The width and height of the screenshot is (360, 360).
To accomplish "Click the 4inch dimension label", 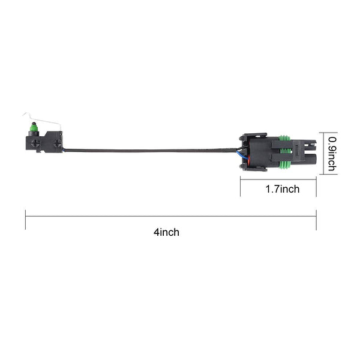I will point(166,232).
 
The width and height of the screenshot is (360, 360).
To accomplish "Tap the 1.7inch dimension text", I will point(282,190).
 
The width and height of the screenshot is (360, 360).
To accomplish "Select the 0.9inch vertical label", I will point(331,153).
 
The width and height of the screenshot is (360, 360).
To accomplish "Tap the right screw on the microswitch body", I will point(57,143).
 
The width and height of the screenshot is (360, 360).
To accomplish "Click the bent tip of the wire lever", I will point(24,116).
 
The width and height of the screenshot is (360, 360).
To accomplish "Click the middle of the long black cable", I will point(150,150).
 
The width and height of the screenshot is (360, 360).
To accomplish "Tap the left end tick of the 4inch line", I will point(25,219).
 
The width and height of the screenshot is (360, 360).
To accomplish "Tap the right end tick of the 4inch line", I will point(316,219).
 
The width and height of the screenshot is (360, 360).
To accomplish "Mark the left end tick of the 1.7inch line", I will point(241,188).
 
